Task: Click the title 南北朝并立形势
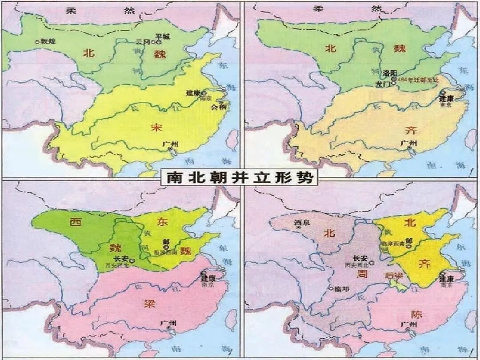point(240,178)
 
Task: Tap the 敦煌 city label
point(47,41)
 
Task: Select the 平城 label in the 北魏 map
point(160,36)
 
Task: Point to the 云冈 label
point(143,42)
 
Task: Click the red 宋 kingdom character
point(157,128)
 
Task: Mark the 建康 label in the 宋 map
point(192,94)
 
